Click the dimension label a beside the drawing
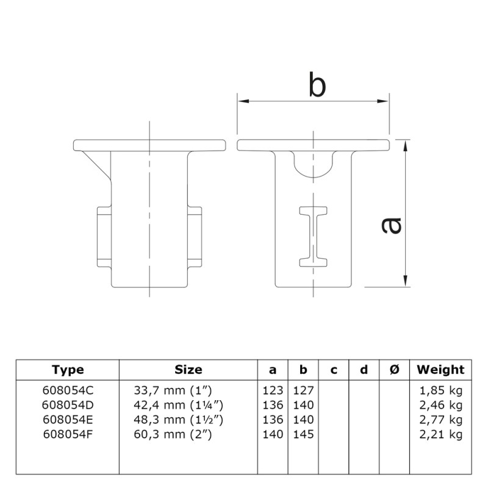(x=391, y=225)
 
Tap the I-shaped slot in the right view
(x=314, y=236)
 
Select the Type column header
(x=68, y=370)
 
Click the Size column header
(x=188, y=370)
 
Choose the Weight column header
(x=440, y=370)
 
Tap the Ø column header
(x=393, y=370)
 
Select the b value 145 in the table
(x=303, y=434)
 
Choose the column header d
(x=364, y=370)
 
